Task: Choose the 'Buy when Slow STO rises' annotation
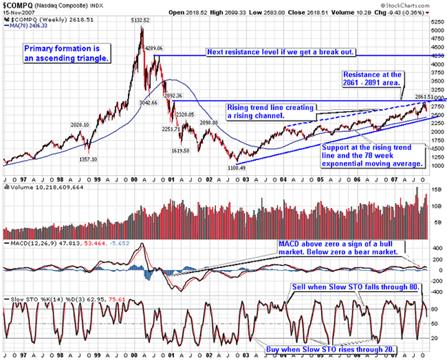click(330, 349)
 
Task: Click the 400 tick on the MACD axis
click(435, 247)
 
